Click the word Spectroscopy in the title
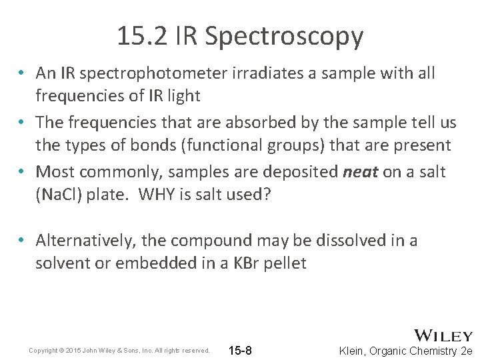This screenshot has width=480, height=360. tap(284, 37)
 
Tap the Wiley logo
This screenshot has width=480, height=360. tap(443, 335)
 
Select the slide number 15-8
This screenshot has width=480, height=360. tap(240, 351)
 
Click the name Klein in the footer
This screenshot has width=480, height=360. tap(355, 351)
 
